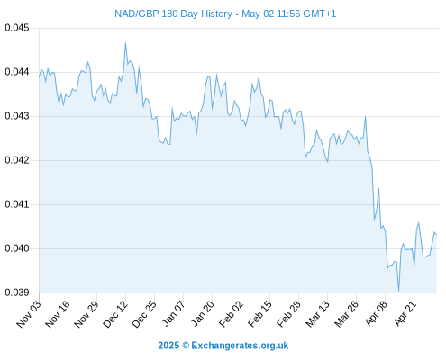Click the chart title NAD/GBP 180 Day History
[173, 13]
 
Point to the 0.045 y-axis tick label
[17, 28]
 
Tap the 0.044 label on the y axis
[17, 72]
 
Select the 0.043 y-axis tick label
[17, 116]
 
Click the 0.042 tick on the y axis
[17, 160]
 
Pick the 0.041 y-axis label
[17, 204]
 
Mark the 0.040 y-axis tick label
[17, 248]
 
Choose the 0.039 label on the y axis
[17, 292]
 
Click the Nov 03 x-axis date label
[29, 314]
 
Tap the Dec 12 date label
[115, 314]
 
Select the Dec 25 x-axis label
[144, 314]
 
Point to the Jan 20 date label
[203, 314]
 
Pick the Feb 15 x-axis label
[260, 314]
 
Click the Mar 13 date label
[318, 314]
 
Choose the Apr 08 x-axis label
[377, 314]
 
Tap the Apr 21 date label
[405, 314]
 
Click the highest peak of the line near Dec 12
[125, 43]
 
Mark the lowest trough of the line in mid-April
[399, 291]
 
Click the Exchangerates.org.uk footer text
[240, 346]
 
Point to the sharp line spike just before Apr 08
[378, 189]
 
